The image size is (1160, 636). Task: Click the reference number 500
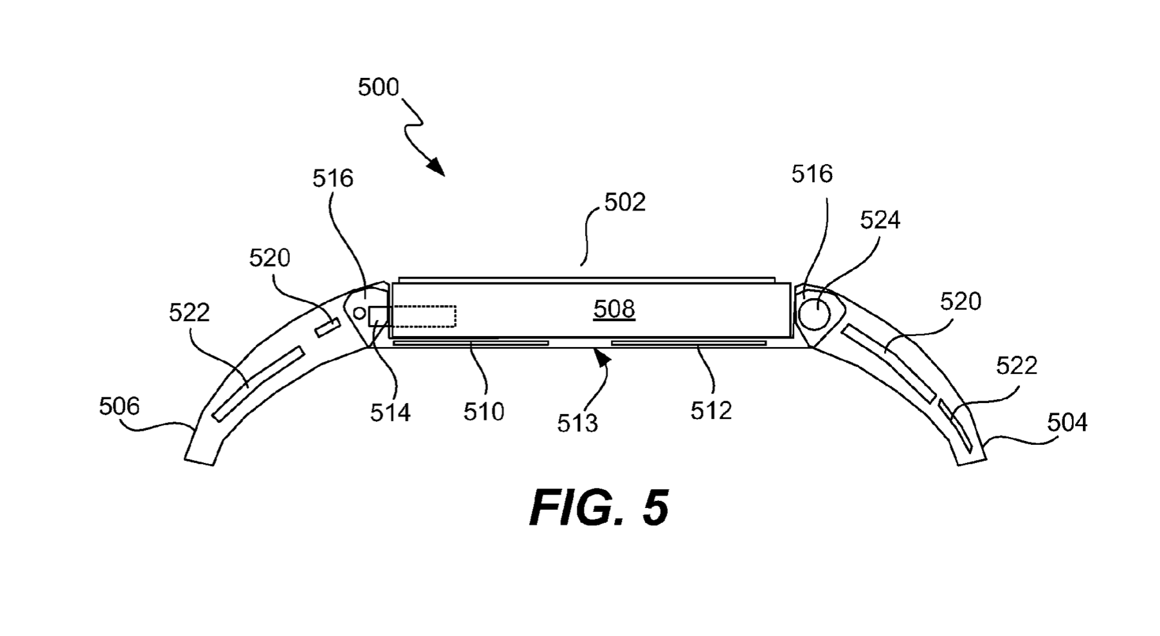tap(378, 88)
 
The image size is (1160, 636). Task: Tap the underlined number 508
tap(614, 310)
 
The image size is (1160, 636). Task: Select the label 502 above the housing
tap(624, 203)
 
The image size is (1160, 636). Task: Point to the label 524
tap(880, 221)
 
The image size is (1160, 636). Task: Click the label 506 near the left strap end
tap(119, 406)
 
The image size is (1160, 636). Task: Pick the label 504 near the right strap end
tap(1067, 423)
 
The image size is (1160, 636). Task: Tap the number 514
tap(390, 413)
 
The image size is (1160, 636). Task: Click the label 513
tap(577, 424)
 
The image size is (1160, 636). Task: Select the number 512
tap(711, 411)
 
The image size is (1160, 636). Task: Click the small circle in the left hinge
tap(360, 313)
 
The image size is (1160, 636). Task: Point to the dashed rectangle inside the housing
tap(421, 316)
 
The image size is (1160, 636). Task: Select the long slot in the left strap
tap(258, 384)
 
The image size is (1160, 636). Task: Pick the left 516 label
tap(332, 179)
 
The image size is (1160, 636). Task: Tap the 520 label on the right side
tap(960, 302)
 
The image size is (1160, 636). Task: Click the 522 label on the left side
tap(189, 313)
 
